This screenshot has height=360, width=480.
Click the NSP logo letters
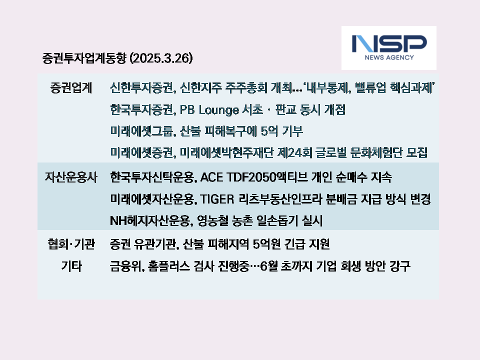389,44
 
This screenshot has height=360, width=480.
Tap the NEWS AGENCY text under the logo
389,57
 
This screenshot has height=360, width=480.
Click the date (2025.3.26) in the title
161,58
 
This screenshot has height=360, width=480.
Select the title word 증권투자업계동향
84,58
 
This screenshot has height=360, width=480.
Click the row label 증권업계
71,88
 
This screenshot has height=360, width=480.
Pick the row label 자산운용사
71,177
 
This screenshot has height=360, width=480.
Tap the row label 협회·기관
71,244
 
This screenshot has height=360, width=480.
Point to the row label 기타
71,266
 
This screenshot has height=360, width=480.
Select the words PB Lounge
209,110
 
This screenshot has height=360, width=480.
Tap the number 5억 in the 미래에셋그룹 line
269,131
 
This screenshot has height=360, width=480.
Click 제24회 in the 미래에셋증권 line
295,152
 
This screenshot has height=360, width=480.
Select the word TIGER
217,199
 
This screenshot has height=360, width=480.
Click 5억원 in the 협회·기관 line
267,244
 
